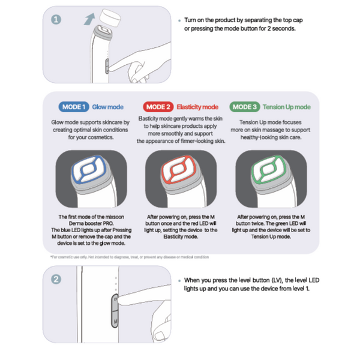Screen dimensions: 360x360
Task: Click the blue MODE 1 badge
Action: coord(74,107)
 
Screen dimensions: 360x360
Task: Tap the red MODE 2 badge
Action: coord(158,107)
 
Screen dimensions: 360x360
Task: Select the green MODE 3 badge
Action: coord(245,107)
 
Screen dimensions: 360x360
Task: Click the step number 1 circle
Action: coord(56,20)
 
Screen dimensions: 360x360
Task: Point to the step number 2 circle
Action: coord(56,280)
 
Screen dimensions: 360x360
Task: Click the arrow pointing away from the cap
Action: coord(89,19)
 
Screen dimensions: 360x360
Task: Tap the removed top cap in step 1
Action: coord(110,17)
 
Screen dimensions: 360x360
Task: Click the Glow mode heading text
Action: coord(107,107)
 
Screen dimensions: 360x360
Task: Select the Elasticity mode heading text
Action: coord(197,107)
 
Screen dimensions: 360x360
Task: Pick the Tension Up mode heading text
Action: coord(287,107)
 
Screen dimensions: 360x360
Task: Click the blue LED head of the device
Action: coord(89,169)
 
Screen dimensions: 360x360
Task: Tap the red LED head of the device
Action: coord(178,169)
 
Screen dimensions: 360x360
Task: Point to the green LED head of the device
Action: coord(269,169)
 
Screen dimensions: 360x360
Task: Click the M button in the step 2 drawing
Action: coord(115,319)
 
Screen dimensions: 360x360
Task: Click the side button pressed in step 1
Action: coord(107,67)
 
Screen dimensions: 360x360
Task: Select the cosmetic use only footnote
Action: coord(130,257)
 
